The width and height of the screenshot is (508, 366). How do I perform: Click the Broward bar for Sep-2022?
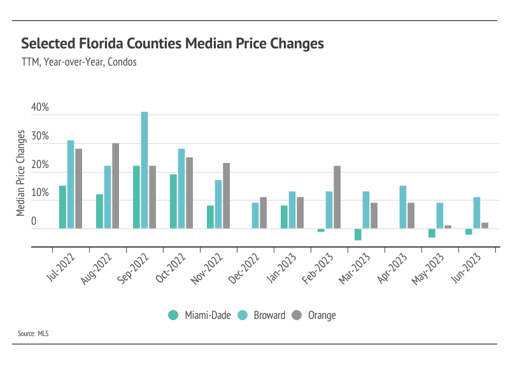tap(145, 170)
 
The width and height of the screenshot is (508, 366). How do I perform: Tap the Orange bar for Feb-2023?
tap(337, 197)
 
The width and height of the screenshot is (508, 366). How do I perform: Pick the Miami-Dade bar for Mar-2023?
tap(358, 234)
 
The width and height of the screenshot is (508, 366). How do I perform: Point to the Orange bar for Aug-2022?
tap(116, 185)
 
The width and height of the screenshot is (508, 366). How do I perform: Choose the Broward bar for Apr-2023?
tap(403, 207)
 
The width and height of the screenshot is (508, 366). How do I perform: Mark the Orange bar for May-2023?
tap(448, 227)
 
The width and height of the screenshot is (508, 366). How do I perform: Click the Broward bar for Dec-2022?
tap(255, 215)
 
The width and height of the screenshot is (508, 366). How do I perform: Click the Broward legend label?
tap(269, 315)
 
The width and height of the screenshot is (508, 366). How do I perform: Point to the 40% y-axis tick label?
tap(40, 108)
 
